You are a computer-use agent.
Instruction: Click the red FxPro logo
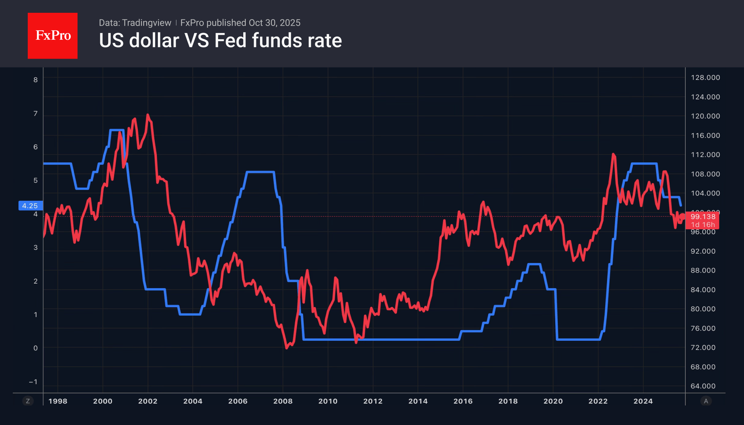coord(53,36)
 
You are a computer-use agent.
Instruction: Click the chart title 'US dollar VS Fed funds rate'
coord(220,41)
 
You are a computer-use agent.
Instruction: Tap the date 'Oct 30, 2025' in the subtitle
coord(274,23)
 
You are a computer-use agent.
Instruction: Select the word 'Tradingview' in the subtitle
coord(147,23)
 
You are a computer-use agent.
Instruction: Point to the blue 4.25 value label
coord(30,206)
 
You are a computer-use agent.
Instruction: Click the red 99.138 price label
coord(702,217)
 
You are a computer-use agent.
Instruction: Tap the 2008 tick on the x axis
coord(283,401)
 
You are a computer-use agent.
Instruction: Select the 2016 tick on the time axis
coord(463,401)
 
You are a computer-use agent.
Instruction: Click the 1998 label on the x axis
coord(58,401)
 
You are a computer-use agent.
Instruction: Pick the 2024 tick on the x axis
coord(643,401)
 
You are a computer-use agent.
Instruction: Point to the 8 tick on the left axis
coord(36,80)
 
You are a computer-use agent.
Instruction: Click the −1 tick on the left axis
coord(33,382)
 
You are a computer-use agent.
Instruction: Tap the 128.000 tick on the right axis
coord(705,77)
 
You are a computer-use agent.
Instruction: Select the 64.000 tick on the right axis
coord(703,386)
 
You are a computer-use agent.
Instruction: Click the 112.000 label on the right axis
coord(705,155)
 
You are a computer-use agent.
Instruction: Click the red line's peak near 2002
coord(148,115)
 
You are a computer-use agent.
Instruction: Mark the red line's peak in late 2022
coord(613,154)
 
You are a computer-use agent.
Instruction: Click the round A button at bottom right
coord(706,401)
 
